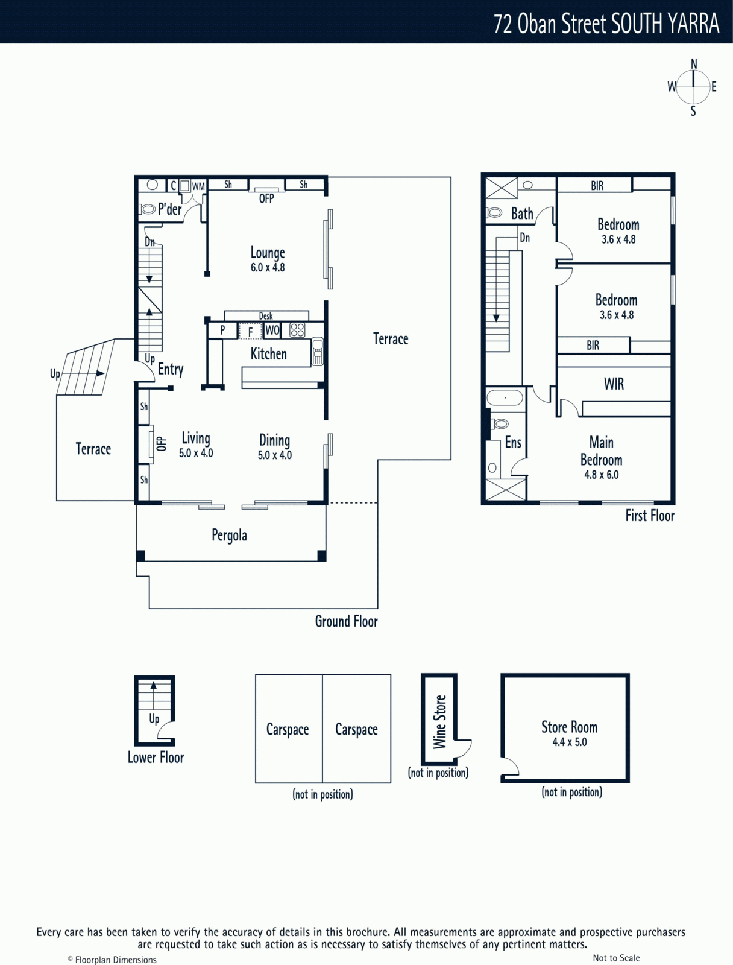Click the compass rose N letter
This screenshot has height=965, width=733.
click(694, 64)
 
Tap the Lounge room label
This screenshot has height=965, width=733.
click(268, 253)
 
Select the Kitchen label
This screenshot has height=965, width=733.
click(268, 353)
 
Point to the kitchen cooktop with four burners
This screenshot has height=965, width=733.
click(297, 330)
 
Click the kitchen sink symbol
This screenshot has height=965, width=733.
click(318, 351)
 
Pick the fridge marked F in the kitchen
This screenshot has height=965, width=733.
click(250, 331)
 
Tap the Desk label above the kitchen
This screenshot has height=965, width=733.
click(266, 315)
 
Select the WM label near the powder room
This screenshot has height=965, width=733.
click(198, 186)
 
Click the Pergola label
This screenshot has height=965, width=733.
click(229, 536)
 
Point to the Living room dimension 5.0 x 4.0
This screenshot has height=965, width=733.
click(196, 453)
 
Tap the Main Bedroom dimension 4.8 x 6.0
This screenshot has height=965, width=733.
click(601, 475)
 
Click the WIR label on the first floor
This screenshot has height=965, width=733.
click(614, 384)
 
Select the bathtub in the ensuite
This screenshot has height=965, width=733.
click(505, 398)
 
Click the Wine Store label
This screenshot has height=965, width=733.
click(439, 722)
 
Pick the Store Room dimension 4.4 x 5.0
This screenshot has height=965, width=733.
click(569, 742)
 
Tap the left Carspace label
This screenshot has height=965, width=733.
click(288, 729)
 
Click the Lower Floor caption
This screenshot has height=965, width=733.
click(156, 758)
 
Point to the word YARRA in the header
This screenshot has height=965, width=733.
click(693, 24)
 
